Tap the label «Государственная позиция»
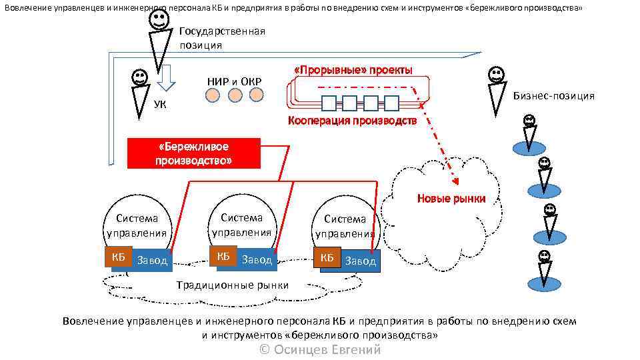[222, 38]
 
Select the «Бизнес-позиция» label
[553, 96]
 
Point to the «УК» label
[160, 104]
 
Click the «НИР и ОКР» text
[234, 81]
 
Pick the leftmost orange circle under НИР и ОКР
[212, 96]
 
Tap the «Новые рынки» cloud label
[451, 198]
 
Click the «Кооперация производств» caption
[352, 121]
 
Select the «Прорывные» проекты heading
[353, 70]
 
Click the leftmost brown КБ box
[115, 258]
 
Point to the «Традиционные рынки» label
[232, 285]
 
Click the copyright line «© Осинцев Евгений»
[320, 349]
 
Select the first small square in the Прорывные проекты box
[329, 103]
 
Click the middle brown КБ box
[223, 257]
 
